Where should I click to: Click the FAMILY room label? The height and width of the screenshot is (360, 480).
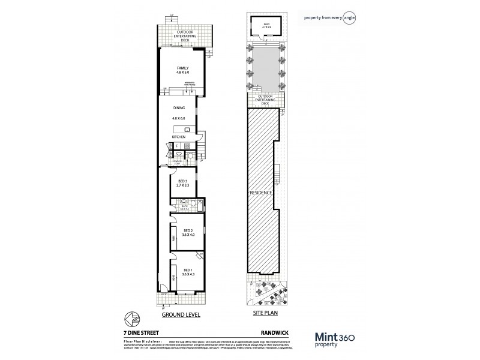click(x=182, y=68)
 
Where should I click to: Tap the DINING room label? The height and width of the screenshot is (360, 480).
click(x=179, y=107)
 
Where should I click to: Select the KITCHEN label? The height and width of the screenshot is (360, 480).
click(x=179, y=137)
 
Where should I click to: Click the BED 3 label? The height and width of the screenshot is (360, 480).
click(x=183, y=181)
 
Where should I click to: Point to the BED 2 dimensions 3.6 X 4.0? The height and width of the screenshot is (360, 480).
click(x=187, y=235)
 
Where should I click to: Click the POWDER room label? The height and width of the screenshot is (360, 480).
click(x=176, y=160)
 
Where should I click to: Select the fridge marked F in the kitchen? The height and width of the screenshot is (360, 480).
click(x=177, y=146)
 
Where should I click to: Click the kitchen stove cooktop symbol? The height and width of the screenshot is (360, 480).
click(x=187, y=146)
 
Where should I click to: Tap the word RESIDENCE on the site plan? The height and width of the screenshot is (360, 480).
click(x=262, y=193)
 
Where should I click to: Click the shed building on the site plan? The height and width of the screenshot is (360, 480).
click(x=264, y=24)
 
